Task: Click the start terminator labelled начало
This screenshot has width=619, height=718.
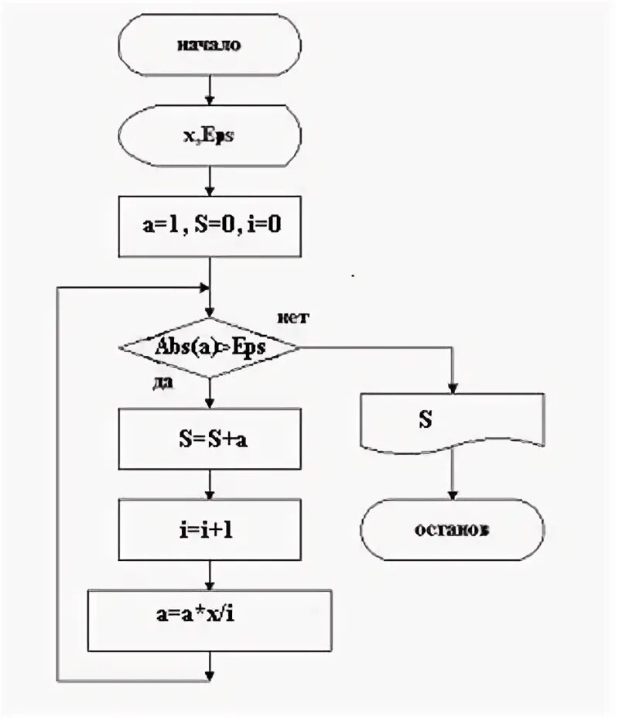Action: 209,45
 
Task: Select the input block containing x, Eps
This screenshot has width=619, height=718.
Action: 209,137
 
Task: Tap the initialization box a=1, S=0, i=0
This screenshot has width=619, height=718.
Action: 209,226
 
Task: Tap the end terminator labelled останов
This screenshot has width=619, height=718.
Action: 453,532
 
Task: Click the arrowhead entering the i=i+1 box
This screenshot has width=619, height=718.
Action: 210,496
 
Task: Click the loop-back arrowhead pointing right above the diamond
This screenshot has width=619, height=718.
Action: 205,287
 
